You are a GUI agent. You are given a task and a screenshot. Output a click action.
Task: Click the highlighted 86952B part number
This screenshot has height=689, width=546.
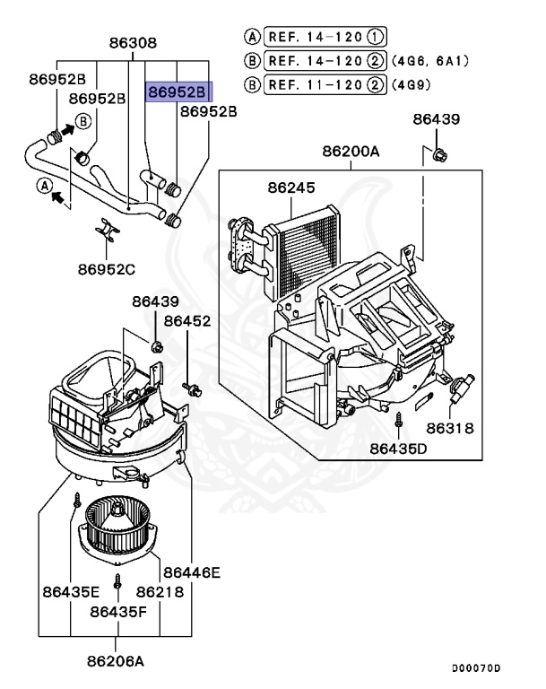(177, 92)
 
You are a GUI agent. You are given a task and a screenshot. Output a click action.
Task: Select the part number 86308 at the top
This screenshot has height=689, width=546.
(133, 42)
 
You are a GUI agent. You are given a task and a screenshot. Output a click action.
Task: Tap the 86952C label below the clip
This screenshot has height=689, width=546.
(106, 268)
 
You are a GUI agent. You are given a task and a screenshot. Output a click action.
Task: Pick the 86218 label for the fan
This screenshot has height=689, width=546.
(160, 592)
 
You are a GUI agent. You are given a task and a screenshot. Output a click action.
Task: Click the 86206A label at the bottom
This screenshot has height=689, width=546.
(116, 662)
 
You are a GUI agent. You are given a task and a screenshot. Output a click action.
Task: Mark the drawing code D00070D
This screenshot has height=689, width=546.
(476, 669)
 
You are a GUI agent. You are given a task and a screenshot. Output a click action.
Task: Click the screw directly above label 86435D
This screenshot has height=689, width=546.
(396, 419)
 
